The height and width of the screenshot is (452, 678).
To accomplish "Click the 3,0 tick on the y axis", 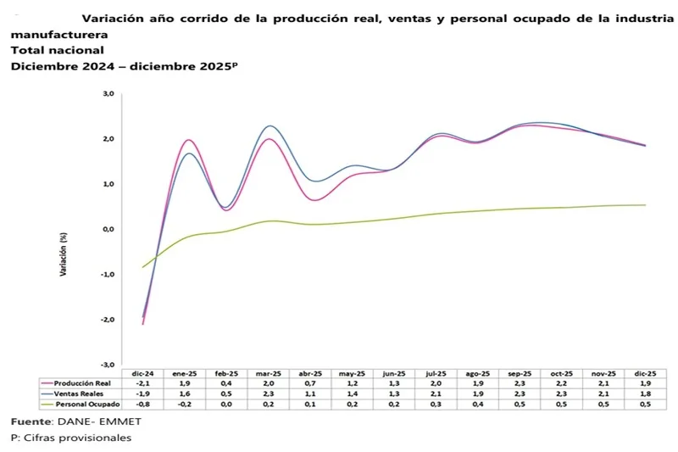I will (108, 94).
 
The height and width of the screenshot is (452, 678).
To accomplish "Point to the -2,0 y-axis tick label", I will (108, 320).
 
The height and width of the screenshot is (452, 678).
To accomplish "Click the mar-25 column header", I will (268, 373).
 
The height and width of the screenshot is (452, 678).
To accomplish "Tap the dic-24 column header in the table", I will (142, 373).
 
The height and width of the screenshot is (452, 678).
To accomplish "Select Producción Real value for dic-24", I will (142, 383).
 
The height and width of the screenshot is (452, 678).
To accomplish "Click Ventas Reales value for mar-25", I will (268, 393).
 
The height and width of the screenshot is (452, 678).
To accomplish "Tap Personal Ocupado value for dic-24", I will (142, 404).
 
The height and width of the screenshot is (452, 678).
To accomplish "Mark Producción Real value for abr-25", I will (310, 383).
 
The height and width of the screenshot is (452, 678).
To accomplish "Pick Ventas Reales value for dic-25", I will (646, 393).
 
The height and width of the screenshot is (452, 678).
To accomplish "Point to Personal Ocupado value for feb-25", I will (226, 404).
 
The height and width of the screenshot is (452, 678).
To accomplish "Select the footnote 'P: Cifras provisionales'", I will (71, 438).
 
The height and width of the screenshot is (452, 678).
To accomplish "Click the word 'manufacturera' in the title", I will (59, 35).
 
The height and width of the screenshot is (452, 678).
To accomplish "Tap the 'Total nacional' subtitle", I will (57, 50).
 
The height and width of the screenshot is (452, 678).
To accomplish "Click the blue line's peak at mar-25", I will (270, 126).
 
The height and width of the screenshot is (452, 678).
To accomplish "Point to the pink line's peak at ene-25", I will (187, 140).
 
